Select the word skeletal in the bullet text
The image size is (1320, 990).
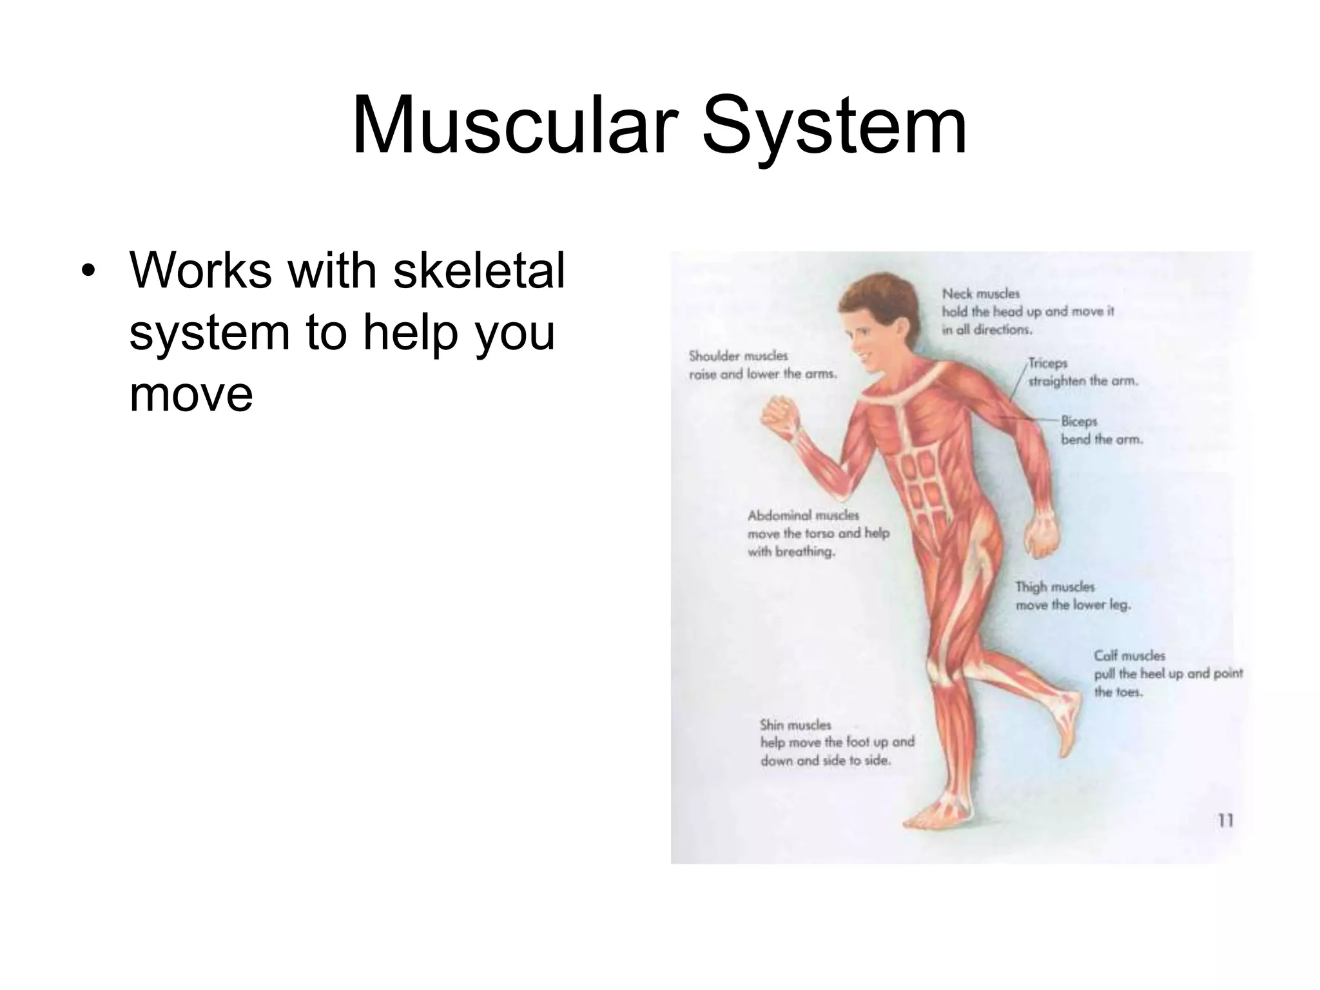point(478,270)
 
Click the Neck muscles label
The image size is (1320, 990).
point(981,294)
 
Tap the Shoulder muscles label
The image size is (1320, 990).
point(738,356)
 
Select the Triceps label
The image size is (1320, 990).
point(1048,364)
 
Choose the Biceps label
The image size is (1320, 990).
point(1079,422)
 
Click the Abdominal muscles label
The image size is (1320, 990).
point(803,516)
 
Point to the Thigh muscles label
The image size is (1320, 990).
point(1055,587)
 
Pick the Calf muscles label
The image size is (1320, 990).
point(1129,656)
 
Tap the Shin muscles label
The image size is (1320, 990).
point(795,724)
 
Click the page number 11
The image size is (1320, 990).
point(1225,820)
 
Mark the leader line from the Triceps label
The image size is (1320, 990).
point(1017,387)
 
